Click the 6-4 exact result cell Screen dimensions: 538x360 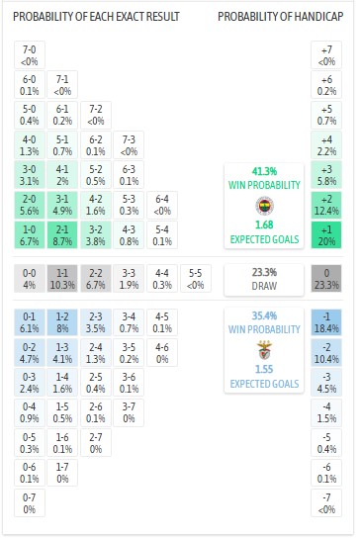pos(160,204)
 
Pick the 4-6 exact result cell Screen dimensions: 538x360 pos(160,353)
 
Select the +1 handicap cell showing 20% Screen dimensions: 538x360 pos(326,233)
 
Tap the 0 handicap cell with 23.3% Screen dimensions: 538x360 pos(326,278)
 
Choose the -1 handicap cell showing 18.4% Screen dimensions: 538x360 pos(326,322)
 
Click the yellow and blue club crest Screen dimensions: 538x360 pos(263,206)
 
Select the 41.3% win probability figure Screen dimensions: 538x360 pos(263,171)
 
